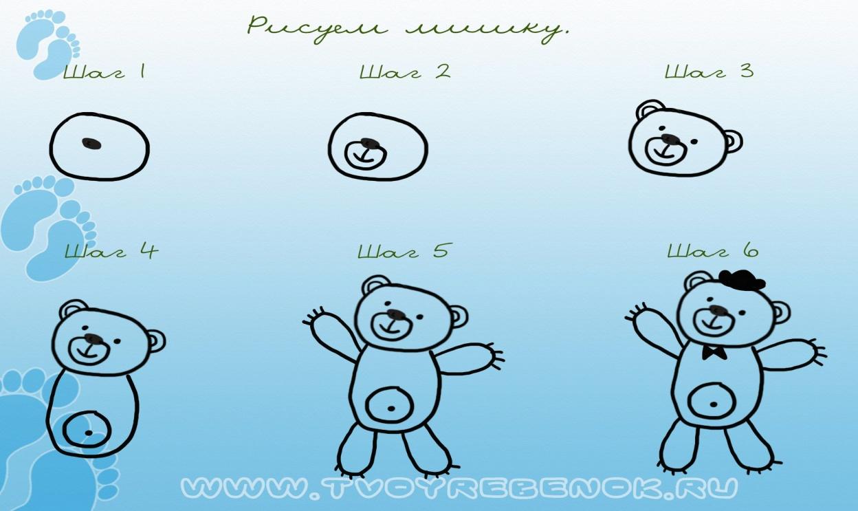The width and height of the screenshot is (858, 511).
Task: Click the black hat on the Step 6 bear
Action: (742, 280)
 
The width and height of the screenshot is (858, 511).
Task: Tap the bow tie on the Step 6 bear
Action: (715, 352)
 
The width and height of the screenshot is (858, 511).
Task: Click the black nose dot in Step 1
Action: (91, 143)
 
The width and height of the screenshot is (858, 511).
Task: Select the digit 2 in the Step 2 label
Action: (443, 72)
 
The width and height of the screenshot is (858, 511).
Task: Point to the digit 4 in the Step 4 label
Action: (150, 250)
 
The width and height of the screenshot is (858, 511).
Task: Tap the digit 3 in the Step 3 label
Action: (747, 72)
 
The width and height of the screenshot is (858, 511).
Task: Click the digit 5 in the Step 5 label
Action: (441, 250)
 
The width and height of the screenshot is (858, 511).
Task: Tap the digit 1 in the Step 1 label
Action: (142, 72)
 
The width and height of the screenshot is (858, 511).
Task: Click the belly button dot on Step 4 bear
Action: (89, 433)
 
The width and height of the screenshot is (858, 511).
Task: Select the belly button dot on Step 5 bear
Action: (391, 409)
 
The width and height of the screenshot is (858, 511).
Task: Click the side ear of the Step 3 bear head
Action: (733, 142)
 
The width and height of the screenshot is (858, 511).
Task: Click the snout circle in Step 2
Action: (366, 154)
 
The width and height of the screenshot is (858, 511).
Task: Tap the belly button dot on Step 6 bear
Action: (713, 404)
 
